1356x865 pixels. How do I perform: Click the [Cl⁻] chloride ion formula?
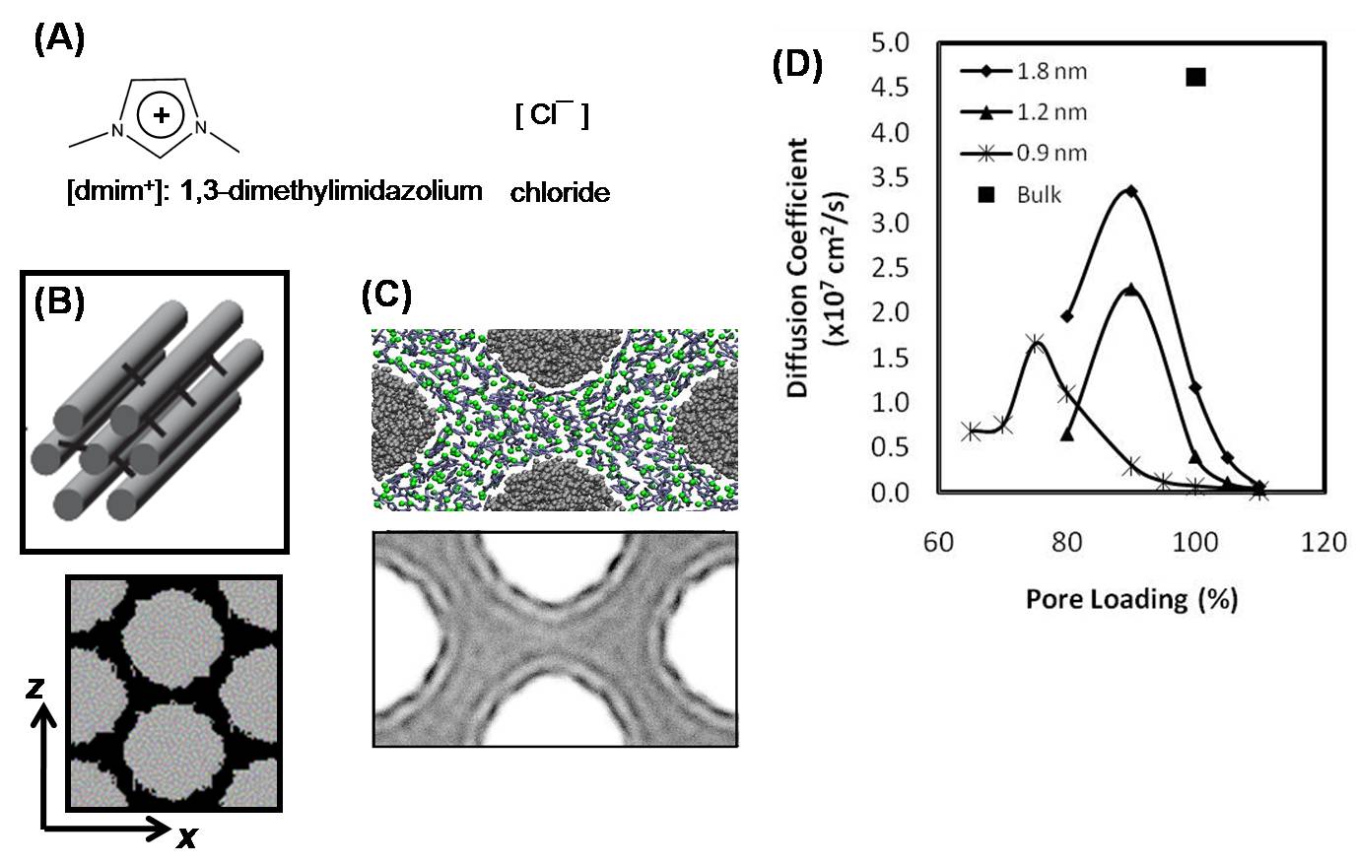[551, 116]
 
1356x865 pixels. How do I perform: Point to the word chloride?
[559, 193]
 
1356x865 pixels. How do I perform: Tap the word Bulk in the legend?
[1039, 194]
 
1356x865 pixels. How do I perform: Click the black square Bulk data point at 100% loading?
[1196, 77]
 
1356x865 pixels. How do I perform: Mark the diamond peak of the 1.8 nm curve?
[1131, 191]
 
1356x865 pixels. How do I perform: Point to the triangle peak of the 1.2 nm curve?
[1131, 290]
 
